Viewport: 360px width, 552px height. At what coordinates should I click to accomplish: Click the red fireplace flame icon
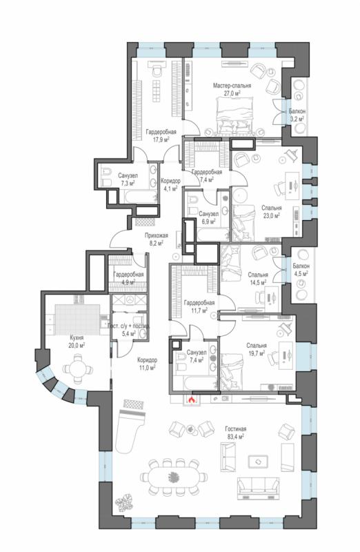click(192, 400)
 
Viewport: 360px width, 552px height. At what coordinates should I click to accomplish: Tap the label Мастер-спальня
click(232, 86)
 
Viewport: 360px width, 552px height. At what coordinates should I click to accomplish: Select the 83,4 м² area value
click(235, 437)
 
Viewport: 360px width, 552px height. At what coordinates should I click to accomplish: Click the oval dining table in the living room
click(173, 477)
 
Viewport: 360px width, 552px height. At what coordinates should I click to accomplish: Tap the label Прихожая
click(157, 235)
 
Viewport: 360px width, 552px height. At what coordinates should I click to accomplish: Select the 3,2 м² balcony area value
click(297, 119)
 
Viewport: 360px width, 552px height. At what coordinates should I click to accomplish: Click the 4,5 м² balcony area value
click(301, 273)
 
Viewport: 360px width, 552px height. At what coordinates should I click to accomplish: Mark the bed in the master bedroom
click(234, 115)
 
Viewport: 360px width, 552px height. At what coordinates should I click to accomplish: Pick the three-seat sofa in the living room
click(259, 489)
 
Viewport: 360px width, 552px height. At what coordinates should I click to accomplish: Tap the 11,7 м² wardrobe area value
click(199, 310)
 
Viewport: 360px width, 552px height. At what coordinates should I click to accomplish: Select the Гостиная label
click(235, 429)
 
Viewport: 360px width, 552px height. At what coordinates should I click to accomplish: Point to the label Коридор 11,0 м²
click(147, 364)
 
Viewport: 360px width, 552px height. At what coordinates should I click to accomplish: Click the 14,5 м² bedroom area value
click(258, 282)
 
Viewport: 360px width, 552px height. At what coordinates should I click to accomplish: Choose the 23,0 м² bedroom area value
click(271, 215)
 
